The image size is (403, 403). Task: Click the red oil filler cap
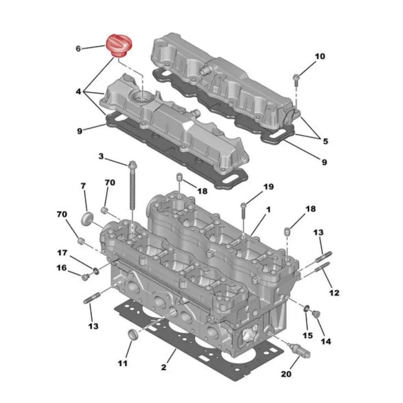[119, 45]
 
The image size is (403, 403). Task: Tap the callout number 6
[78, 48]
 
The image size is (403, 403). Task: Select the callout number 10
[320, 56]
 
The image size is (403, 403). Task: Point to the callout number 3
[101, 156]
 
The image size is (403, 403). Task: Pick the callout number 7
[83, 186]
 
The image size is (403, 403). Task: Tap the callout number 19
[268, 187]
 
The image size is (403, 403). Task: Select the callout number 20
[286, 374]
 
